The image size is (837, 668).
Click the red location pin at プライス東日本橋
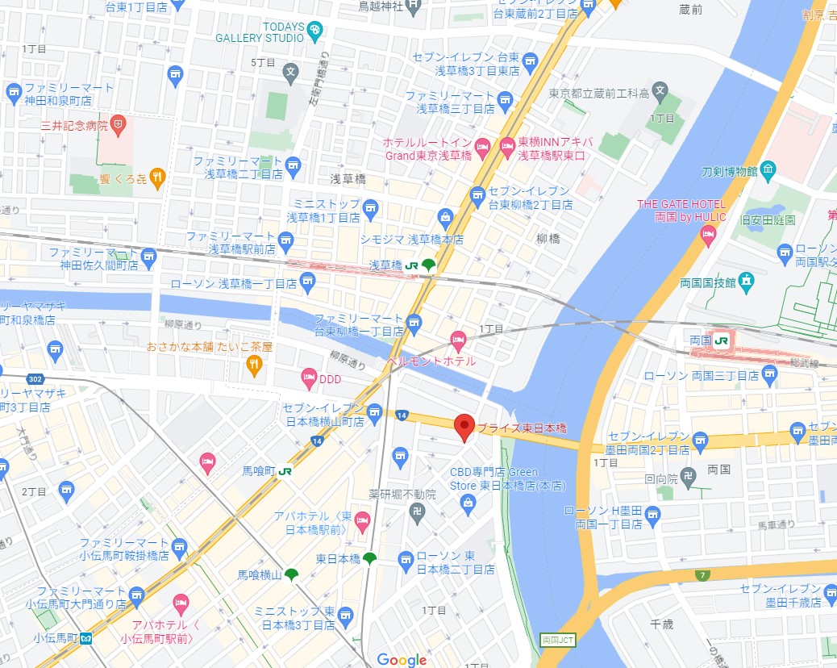pos(464,426)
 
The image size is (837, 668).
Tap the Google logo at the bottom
pos(401,659)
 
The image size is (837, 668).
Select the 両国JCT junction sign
pos(552,639)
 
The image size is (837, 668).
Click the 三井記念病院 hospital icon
pos(119,124)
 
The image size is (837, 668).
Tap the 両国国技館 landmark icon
pos(747,282)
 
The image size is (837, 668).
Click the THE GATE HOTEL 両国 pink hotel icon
pos(709,235)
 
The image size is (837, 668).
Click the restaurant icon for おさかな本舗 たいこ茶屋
pos(254,365)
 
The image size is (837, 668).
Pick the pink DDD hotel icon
pos(308,377)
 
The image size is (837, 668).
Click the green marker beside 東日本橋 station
pos(369,558)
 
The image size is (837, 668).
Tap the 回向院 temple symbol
pos(687,478)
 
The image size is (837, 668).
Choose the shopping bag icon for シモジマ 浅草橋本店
pos(444,217)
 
